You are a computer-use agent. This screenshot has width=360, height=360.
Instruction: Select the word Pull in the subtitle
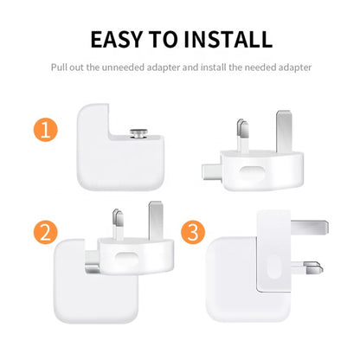click(x=60, y=67)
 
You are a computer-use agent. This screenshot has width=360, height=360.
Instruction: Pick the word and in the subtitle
click(x=189, y=67)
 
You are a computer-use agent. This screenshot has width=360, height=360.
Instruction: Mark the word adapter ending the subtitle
click(x=294, y=67)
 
